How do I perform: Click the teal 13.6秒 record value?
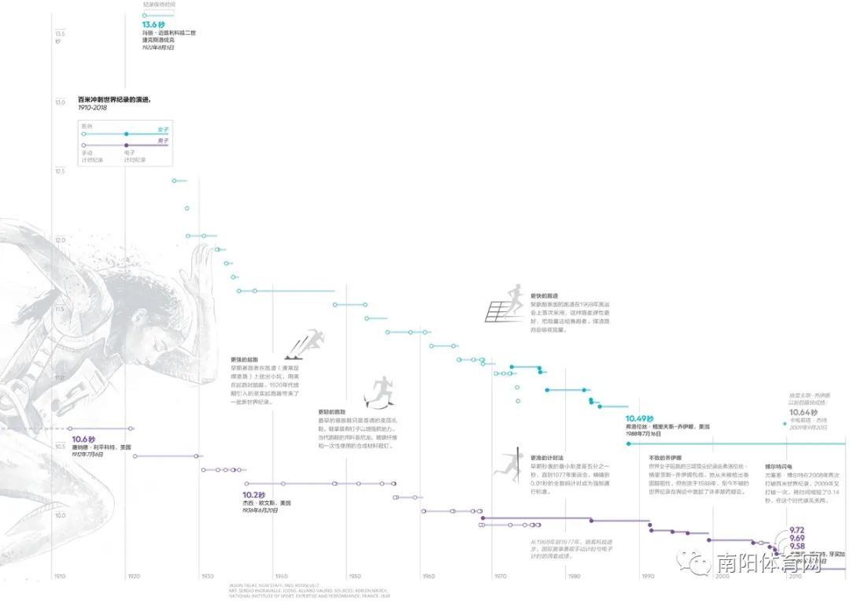[x=153, y=24]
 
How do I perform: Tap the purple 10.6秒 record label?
[x=83, y=440]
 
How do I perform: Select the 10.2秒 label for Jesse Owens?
[x=255, y=495]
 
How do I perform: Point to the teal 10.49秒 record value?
[x=639, y=418]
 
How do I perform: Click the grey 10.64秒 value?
[x=804, y=412]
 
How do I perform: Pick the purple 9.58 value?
[x=796, y=546]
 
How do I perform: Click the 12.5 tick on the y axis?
[x=59, y=171]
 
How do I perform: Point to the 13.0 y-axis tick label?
[x=59, y=102]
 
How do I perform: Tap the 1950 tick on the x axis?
[x=355, y=576]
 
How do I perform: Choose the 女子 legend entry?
[x=163, y=129]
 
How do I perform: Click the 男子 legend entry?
[x=163, y=140]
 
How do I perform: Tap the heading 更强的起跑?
[x=243, y=359]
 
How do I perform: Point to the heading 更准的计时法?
[x=545, y=458]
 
